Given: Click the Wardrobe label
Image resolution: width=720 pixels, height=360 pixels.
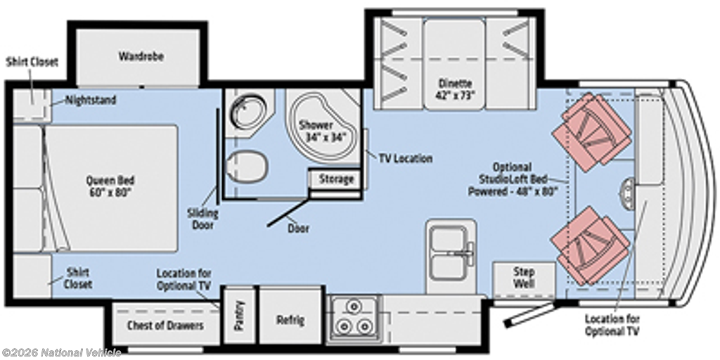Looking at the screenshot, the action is (x=141, y=56).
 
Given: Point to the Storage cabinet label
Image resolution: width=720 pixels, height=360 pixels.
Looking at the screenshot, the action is (x=336, y=179).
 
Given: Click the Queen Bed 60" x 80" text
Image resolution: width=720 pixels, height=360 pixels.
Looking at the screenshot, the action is (x=110, y=186).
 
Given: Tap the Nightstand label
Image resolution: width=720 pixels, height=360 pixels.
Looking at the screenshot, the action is (x=91, y=100).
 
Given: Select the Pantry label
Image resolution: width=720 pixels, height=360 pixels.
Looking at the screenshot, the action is (x=239, y=316).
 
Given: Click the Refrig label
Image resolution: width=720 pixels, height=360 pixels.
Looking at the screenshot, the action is (x=290, y=320).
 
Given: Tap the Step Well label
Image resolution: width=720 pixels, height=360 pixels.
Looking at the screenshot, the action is (x=523, y=278).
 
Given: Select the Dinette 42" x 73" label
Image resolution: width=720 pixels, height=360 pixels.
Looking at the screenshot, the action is (x=455, y=89).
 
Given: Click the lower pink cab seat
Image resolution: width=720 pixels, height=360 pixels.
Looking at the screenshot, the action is (x=591, y=245).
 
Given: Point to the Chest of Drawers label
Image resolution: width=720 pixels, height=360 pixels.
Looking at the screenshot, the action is (x=165, y=326).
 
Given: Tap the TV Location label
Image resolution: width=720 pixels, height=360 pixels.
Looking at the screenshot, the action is (x=406, y=158).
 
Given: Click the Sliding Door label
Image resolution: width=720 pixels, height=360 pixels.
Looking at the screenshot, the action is (x=202, y=219).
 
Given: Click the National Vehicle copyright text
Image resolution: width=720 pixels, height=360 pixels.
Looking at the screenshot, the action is (x=62, y=352).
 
